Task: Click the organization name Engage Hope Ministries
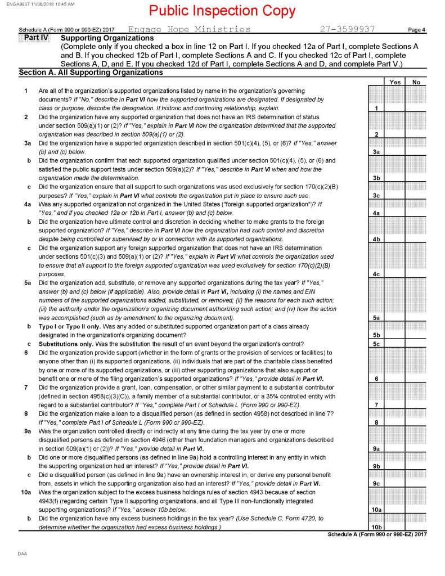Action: coord(190,29)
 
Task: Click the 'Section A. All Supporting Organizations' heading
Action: coord(91,73)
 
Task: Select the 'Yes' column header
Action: coord(395,82)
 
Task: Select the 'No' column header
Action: coord(416,82)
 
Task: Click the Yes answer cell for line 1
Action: coord(395,107)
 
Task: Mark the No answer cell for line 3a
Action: coord(416,152)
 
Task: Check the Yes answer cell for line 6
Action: coord(395,379)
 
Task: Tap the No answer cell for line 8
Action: coord(416,422)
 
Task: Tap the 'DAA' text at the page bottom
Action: coord(22,554)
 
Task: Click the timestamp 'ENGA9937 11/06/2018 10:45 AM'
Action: coord(38,3)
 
